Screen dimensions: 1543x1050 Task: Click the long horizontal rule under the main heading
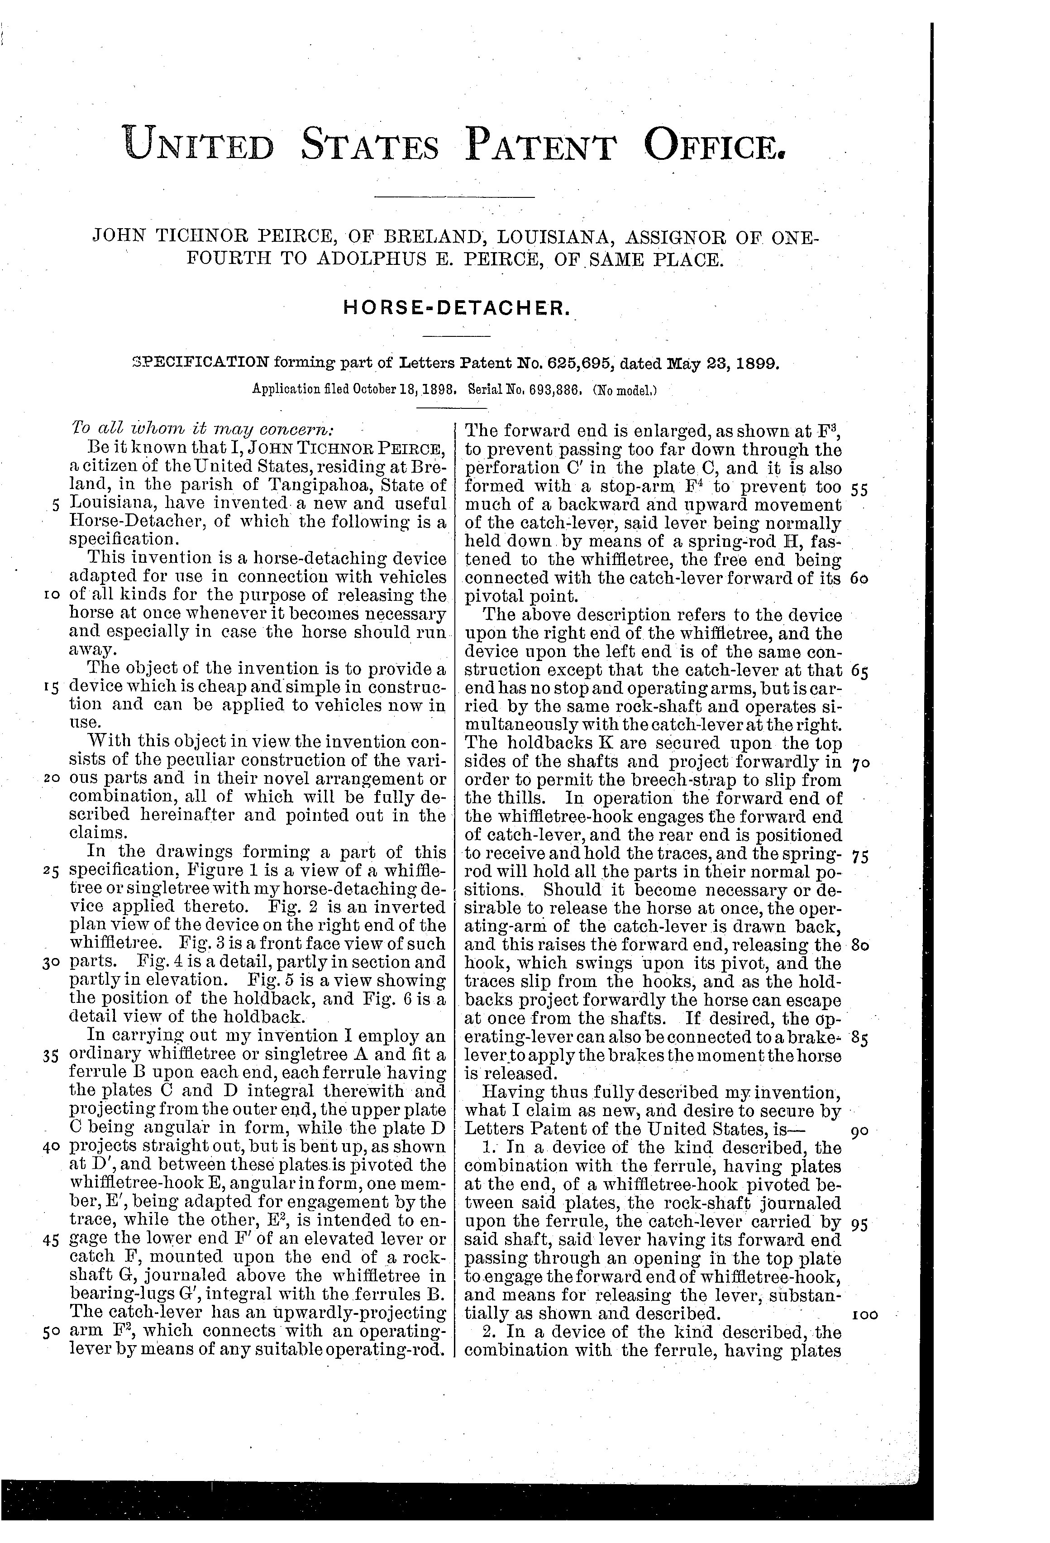coord(455,196)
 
